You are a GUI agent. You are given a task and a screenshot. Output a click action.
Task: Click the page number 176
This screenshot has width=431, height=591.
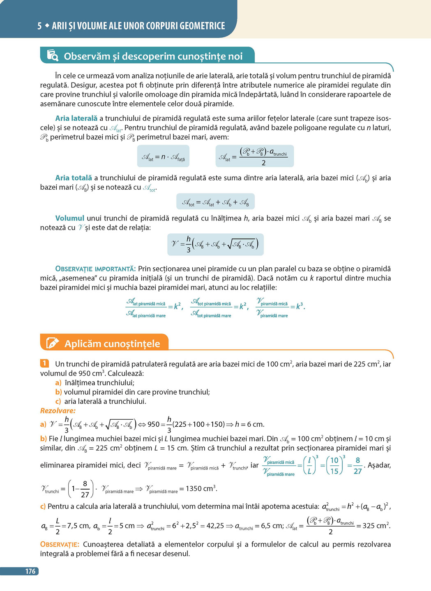pos(30,571)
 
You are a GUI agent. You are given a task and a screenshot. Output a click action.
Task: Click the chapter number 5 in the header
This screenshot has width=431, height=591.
pos(39,26)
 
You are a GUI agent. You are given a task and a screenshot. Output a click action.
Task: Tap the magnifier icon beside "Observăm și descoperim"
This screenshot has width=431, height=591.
pos(53,55)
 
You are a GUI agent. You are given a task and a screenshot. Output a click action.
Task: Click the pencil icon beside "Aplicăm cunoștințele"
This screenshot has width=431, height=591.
pos(53,343)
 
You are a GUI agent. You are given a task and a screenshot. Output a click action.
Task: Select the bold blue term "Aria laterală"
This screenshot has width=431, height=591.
pos(76,118)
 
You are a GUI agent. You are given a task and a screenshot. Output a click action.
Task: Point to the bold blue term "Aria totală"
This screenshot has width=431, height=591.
pos(74,178)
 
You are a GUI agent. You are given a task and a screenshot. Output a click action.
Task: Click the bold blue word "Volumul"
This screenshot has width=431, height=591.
pos(70,218)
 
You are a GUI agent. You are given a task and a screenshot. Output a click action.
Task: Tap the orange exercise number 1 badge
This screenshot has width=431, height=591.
pos(44,363)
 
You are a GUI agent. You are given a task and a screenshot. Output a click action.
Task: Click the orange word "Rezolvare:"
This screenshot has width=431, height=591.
pos(58,410)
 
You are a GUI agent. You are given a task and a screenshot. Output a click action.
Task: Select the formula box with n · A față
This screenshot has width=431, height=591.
pos(163,156)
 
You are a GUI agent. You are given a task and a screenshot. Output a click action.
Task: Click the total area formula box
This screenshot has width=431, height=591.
pos(215,202)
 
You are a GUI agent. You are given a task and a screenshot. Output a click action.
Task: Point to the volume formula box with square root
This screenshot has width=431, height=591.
pos(215,244)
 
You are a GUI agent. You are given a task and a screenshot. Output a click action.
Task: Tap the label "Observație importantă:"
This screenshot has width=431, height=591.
pos(95,269)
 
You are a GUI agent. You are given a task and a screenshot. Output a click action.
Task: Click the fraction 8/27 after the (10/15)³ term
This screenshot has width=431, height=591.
pos(357,466)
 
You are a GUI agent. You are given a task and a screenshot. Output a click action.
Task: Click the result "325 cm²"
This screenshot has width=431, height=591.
pos(373,526)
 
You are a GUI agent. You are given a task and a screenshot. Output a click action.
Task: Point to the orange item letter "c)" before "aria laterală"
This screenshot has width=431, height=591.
pos(58,401)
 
